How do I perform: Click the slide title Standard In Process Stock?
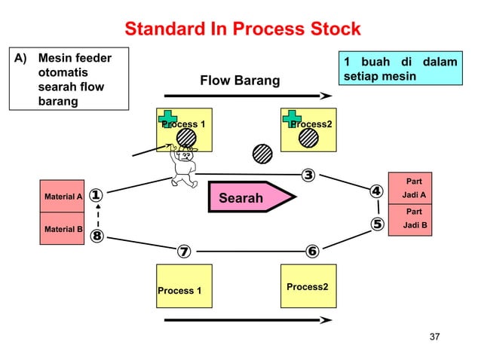[x=242, y=30]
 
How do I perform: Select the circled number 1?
[x=97, y=196]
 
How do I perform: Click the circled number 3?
[x=308, y=176]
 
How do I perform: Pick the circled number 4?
[x=375, y=192]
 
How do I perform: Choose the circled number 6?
[x=311, y=251]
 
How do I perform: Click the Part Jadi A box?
[x=410, y=188]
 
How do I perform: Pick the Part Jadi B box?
[x=410, y=220]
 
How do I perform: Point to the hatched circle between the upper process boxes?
[x=262, y=153]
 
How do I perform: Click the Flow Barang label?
[x=239, y=81]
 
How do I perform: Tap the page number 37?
[x=434, y=335]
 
